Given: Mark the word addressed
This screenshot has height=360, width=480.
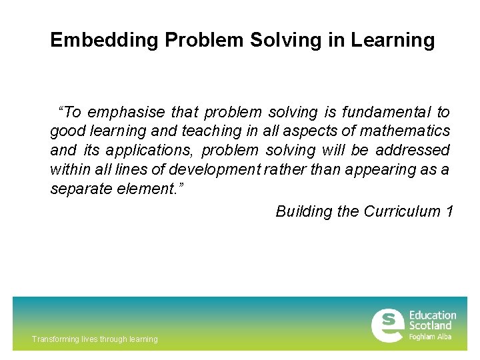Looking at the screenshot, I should click(x=413, y=151).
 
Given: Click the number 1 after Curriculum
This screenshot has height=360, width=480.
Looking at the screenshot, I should click(x=450, y=211).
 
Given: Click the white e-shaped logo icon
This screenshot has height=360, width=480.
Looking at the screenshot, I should click(x=387, y=325).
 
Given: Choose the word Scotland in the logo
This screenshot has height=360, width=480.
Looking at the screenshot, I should click(x=430, y=326).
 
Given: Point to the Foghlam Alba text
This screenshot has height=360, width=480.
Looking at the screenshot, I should click(x=430, y=337).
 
